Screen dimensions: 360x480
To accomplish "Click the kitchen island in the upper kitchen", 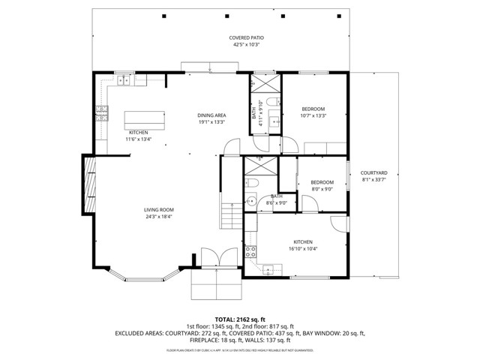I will (145, 118).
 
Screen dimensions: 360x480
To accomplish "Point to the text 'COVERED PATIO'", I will (247, 37).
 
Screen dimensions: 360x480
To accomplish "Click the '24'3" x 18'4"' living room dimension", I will (159, 217).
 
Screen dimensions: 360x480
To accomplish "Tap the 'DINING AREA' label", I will (211, 115).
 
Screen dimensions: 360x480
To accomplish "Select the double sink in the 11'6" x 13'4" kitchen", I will (123, 79).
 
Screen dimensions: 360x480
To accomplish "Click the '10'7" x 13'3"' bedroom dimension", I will (313, 116).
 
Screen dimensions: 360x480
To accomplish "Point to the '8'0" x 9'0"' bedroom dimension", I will (322, 189).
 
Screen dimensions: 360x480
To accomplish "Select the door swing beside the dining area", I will (256, 144).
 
